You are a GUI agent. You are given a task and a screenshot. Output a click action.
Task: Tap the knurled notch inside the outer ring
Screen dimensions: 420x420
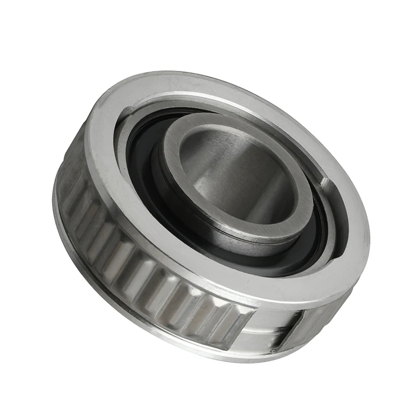pyautogui.click(x=327, y=185)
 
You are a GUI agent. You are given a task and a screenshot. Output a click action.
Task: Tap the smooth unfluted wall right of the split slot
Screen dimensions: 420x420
pyautogui.click(x=315, y=315)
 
